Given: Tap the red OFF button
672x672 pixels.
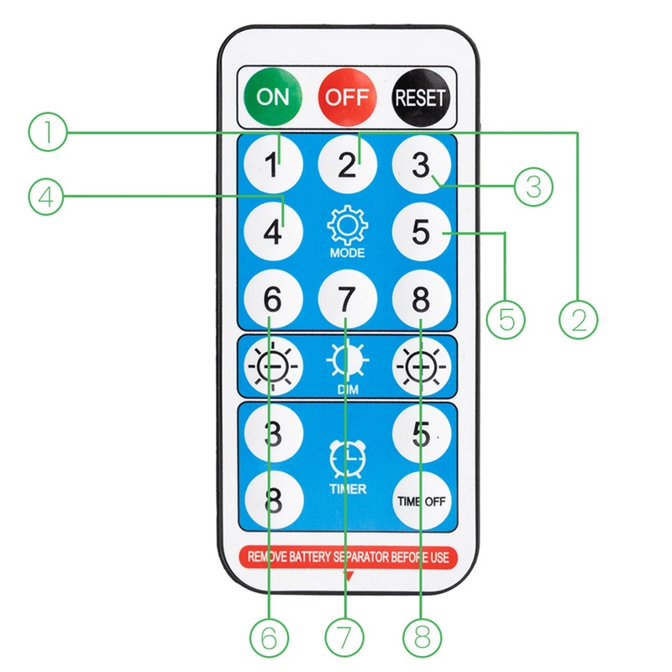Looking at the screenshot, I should click(x=347, y=96).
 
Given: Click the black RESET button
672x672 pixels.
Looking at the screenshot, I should click(x=421, y=96).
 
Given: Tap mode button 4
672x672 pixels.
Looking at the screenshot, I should click(x=273, y=231).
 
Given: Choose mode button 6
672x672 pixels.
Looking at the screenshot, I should click(x=273, y=298).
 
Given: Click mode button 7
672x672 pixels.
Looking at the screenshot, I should click(x=347, y=298).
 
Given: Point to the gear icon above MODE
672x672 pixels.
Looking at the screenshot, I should click(x=347, y=225).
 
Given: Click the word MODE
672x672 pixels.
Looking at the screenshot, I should click(x=347, y=253).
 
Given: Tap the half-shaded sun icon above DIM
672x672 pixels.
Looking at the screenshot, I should click(x=347, y=362).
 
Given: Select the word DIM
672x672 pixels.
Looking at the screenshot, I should click(x=347, y=389).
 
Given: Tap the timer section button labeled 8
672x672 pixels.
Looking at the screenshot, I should click(x=273, y=501).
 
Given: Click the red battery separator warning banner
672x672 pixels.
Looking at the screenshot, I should click(x=347, y=556).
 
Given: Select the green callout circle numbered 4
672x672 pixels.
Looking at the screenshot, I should click(x=47, y=197).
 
